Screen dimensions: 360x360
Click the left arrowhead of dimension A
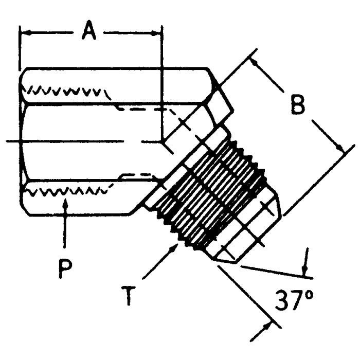tap(24, 32)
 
